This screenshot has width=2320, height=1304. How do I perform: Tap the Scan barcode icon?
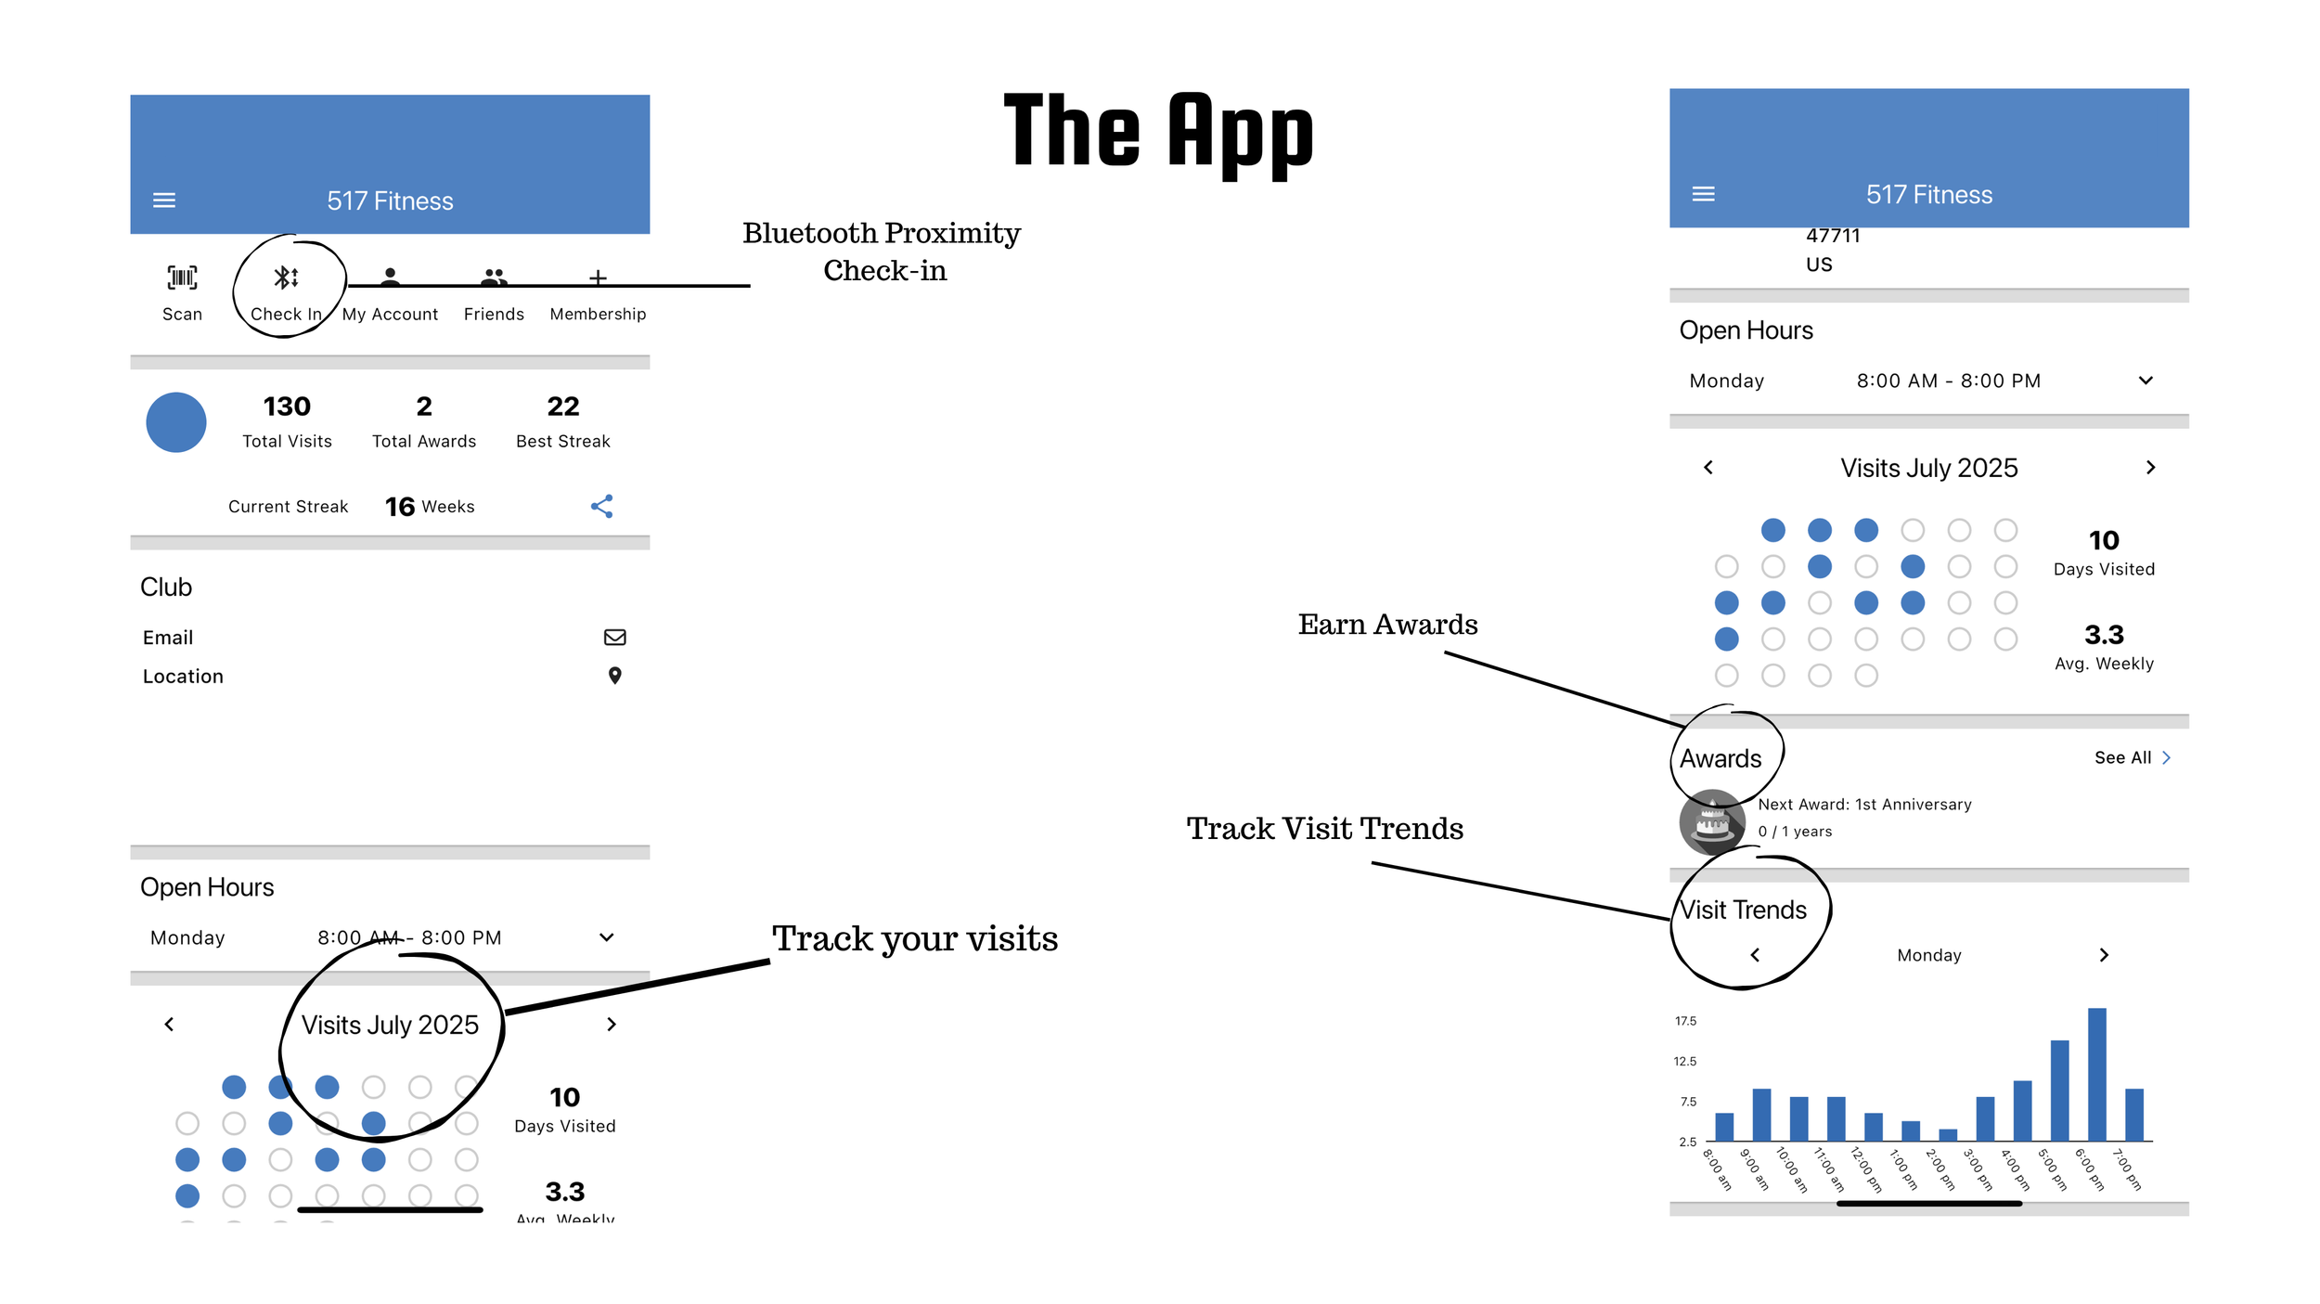(x=182, y=278)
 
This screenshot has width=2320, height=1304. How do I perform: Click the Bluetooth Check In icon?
(x=286, y=278)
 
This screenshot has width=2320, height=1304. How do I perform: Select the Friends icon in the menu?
(x=494, y=277)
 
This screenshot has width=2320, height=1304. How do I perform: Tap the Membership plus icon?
(x=598, y=278)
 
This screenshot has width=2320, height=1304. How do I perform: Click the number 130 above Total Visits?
(x=287, y=407)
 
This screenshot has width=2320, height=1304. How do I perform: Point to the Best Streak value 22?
(x=562, y=407)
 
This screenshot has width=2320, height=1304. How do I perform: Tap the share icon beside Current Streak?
(x=601, y=506)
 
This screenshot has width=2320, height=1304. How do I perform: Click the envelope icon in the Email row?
(x=614, y=637)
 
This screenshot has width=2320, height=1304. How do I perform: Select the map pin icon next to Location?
(x=614, y=676)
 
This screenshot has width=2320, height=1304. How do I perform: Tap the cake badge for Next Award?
(x=1711, y=820)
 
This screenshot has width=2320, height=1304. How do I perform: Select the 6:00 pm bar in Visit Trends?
(x=2096, y=1073)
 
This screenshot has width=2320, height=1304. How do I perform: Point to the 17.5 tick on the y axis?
(x=1685, y=1021)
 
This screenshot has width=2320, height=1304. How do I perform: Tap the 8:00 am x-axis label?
(x=1717, y=1169)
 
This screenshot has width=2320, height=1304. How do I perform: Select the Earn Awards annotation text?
(x=1387, y=625)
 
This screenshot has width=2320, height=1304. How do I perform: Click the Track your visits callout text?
(x=914, y=939)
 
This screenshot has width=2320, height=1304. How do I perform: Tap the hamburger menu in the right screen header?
(x=1703, y=194)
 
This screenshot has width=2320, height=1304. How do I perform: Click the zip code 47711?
(x=1833, y=236)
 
